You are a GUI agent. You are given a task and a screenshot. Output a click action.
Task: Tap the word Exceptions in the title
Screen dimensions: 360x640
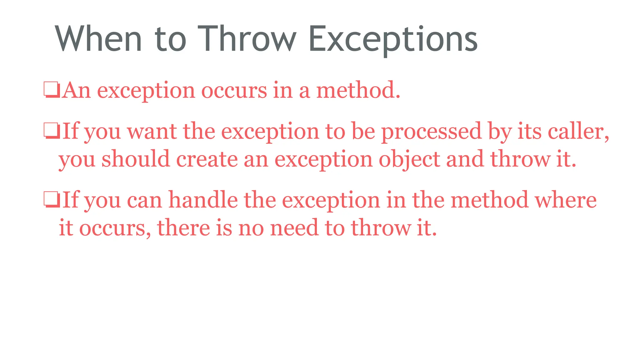tap(393, 39)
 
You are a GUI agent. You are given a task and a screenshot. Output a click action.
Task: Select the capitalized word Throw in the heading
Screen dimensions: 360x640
tap(247, 39)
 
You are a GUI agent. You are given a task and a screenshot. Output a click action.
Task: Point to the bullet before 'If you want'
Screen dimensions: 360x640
tap(52, 131)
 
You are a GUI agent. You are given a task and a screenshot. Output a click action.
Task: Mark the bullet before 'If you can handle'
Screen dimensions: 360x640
tap(52, 200)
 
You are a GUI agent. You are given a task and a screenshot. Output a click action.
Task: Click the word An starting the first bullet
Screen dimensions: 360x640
tap(76, 90)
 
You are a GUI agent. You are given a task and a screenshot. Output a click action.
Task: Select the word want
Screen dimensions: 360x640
tap(152, 131)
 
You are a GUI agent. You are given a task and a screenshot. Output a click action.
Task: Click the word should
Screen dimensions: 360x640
tap(136, 159)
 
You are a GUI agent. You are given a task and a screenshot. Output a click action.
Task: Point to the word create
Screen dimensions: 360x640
tap(207, 159)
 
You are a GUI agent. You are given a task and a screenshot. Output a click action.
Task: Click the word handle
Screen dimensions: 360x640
tap(203, 200)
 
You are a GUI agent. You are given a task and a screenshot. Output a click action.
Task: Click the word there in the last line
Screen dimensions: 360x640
tap(183, 227)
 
